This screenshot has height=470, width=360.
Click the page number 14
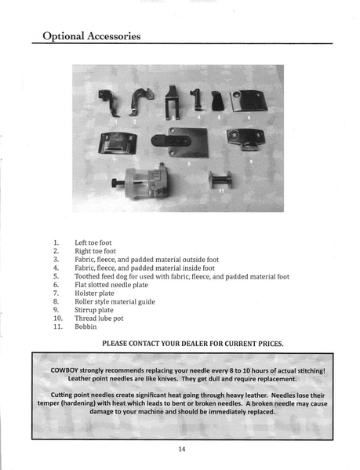tap(180, 449)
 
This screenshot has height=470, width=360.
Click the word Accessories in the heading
tap(109, 35)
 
